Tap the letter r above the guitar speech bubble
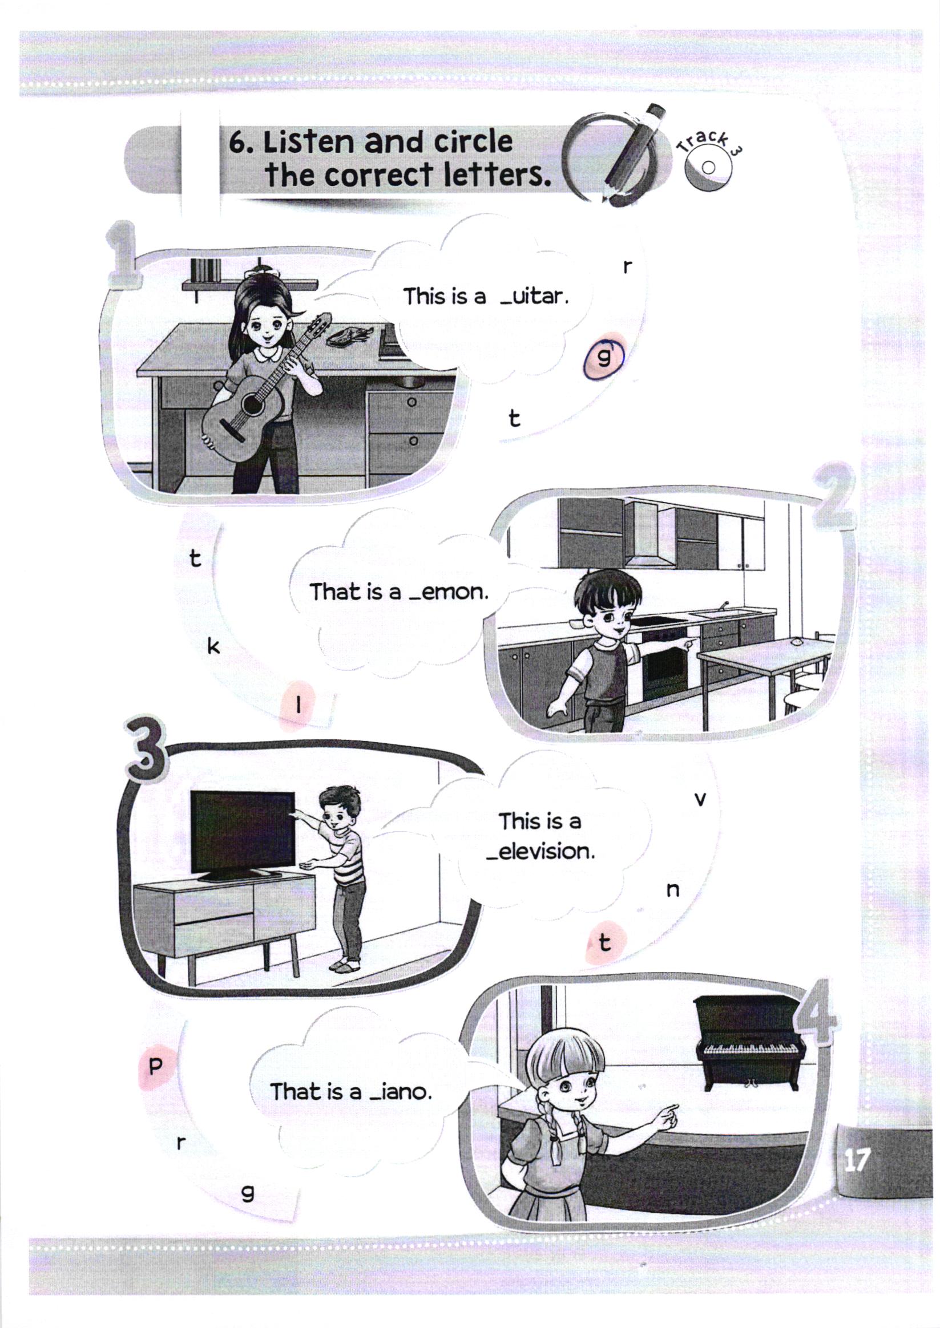pyautogui.click(x=626, y=266)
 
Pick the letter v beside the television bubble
pyautogui.click(x=700, y=800)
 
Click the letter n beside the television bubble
pyautogui.click(x=672, y=890)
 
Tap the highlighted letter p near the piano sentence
pyautogui.click(x=155, y=1067)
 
